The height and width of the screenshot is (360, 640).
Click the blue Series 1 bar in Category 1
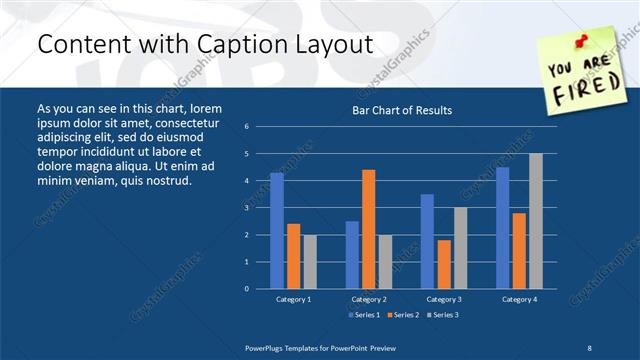point(277,231)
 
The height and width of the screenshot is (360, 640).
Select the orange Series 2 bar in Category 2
point(368,229)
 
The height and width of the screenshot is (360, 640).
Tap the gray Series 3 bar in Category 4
point(536,221)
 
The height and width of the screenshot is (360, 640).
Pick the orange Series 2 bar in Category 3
point(444,264)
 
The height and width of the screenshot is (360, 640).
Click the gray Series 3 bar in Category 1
point(309,262)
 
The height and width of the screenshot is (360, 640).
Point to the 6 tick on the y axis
point(246,127)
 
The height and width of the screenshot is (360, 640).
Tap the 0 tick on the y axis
point(246,289)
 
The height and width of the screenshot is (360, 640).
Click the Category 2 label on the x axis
point(368,299)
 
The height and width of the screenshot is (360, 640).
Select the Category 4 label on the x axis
point(519,299)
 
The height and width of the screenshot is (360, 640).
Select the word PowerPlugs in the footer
point(267,346)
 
